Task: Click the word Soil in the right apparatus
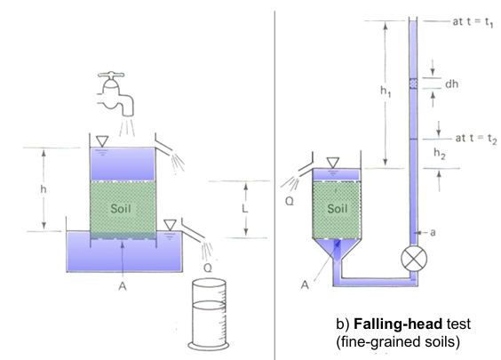coord(337,210)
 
